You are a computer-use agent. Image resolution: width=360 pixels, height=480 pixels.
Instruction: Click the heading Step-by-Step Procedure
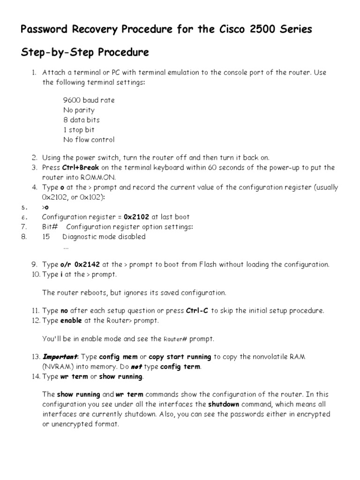click(85, 52)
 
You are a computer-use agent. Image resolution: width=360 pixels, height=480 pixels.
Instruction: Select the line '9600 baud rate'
click(89, 100)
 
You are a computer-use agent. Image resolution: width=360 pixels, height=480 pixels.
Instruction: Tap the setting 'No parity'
click(79, 110)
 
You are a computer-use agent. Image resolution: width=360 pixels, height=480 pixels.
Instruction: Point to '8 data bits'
click(82, 120)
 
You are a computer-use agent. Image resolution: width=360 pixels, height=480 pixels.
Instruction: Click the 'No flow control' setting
click(89, 140)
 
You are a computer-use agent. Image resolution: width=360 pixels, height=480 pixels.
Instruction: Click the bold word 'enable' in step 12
click(72, 321)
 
